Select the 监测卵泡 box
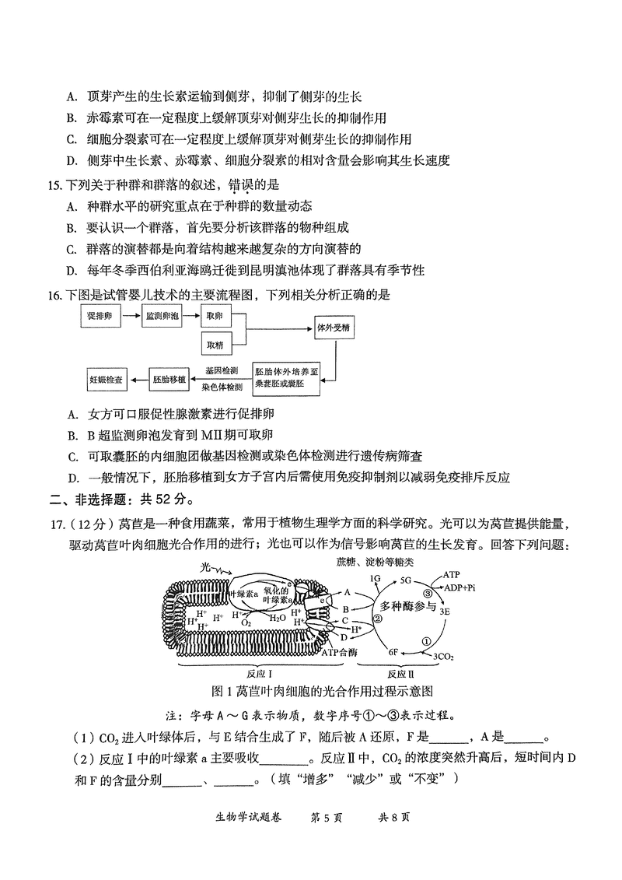tap(162, 317)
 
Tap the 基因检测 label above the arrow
tap(222, 370)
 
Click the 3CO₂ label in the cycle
tap(444, 657)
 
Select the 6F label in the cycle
tap(393, 651)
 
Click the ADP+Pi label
tap(460, 588)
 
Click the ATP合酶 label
tap(340, 650)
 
